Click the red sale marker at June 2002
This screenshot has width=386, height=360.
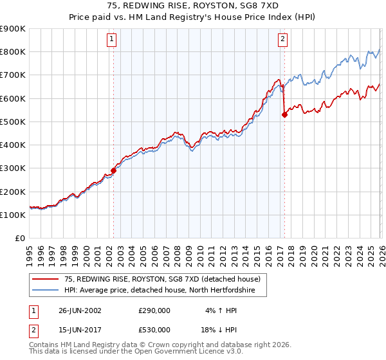tap(114, 170)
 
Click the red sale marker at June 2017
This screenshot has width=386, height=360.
tap(284, 115)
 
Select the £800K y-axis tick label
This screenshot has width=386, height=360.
tap(13, 51)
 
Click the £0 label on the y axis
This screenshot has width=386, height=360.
tap(19, 238)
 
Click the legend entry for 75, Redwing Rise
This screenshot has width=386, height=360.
tap(161, 279)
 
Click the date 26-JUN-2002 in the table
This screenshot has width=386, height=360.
tap(80, 310)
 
